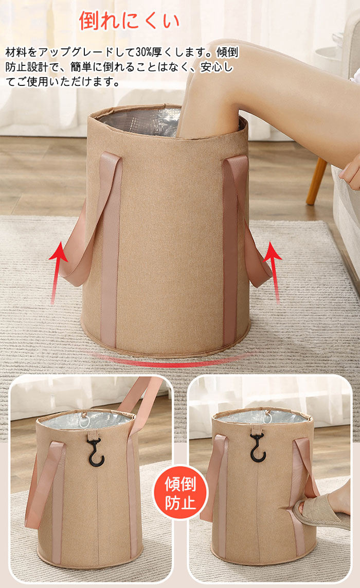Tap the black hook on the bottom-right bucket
click(x=258, y=448)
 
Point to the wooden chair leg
click(x=316, y=182)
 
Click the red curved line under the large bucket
click(x=169, y=362)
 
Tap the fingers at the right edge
click(x=350, y=172)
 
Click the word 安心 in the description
click(x=212, y=67)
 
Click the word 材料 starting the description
click(x=16, y=52)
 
